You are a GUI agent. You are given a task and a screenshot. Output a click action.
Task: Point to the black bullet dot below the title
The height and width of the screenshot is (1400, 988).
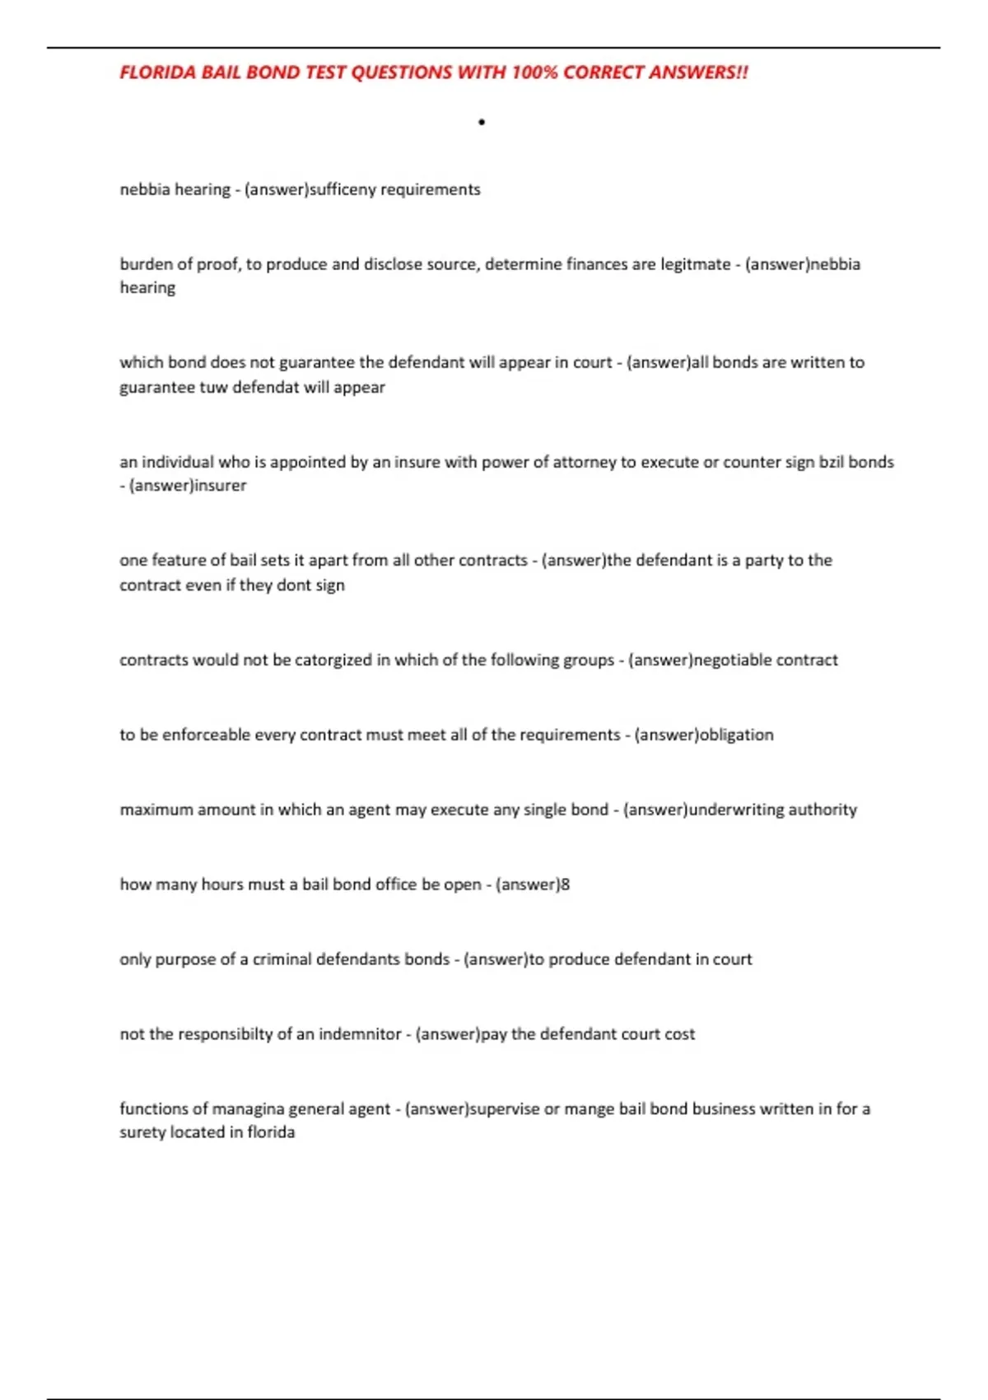tap(482, 123)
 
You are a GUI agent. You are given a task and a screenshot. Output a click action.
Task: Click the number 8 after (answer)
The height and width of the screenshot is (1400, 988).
tap(565, 884)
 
